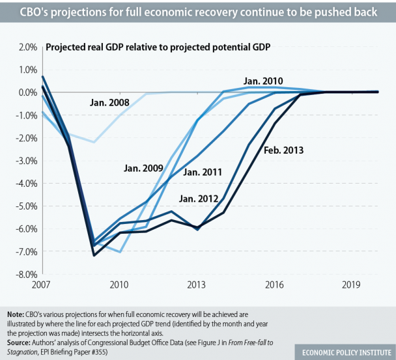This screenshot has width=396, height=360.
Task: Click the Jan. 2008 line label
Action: tap(109, 103)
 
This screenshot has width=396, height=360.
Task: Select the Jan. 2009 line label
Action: tap(143, 169)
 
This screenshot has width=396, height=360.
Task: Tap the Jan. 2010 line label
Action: tap(264, 81)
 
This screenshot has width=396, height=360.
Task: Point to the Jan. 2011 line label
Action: tap(203, 173)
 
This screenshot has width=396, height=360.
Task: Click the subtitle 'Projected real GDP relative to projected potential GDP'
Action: tap(158, 47)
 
